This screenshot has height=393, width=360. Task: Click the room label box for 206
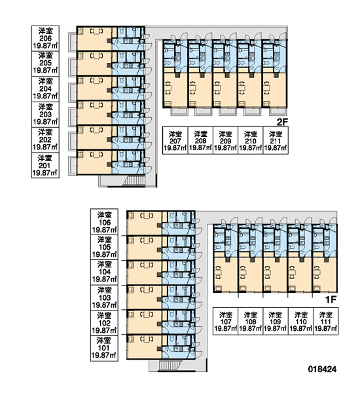pyautogui.click(x=45, y=39)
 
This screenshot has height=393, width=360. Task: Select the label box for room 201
pyautogui.click(x=45, y=166)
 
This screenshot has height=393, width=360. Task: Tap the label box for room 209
pyautogui.click(x=225, y=140)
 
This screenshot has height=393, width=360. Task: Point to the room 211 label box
pyautogui.click(x=276, y=140)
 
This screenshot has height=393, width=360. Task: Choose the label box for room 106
pyautogui.click(x=104, y=222)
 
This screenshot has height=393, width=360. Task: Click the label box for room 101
pyautogui.click(x=104, y=348)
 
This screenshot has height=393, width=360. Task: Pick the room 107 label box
pyautogui.click(x=225, y=321)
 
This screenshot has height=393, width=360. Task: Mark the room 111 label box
pyautogui.click(x=326, y=321)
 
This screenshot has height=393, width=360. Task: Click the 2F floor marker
pyautogui.click(x=282, y=122)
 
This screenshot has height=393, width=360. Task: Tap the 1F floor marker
pyautogui.click(x=331, y=299)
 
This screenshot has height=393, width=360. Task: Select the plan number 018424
pyautogui.click(x=322, y=369)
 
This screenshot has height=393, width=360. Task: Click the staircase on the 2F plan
pyautogui.click(x=134, y=181)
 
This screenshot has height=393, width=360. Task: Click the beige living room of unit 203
pyautogui.click(x=94, y=112)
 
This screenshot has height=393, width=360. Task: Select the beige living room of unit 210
pyautogui.click(x=249, y=90)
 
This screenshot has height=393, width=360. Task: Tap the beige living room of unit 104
pyautogui.click(x=145, y=272)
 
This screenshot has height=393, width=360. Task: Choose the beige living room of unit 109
pyautogui.click(x=275, y=275)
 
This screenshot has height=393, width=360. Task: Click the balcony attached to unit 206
pyautogui.click(x=73, y=42)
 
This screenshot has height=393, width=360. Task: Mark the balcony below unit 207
pyautogui.click(x=179, y=112)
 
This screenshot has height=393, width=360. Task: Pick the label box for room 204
pyautogui.click(x=45, y=89)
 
